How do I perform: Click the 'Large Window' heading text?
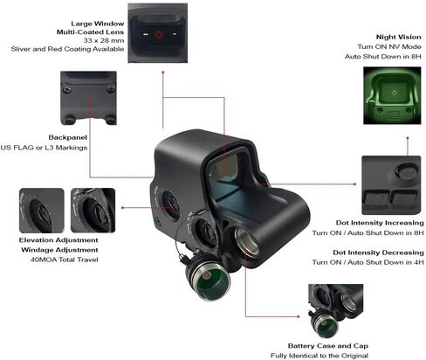(x=98, y=24)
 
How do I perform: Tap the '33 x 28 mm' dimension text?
(x=104, y=40)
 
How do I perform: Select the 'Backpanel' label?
(x=67, y=137)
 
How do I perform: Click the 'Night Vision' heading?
(x=398, y=37)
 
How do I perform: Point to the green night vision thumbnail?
(x=392, y=95)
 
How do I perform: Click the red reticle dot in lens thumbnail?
(x=159, y=35)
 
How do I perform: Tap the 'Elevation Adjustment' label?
(x=58, y=240)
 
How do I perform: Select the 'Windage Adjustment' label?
(x=59, y=250)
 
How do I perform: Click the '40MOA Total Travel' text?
(x=64, y=260)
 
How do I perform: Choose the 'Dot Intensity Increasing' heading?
(x=380, y=223)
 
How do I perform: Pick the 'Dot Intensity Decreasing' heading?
(x=378, y=253)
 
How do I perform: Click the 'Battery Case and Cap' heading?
(x=328, y=346)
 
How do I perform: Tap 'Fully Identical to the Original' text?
(x=319, y=356)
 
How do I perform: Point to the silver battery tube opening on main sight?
(x=247, y=241)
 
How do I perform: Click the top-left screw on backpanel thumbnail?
(x=66, y=87)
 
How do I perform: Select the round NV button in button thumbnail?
(x=407, y=172)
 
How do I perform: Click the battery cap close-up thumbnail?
(x=336, y=311)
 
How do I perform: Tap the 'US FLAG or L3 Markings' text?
(x=44, y=148)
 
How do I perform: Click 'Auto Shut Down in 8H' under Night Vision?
(x=383, y=57)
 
